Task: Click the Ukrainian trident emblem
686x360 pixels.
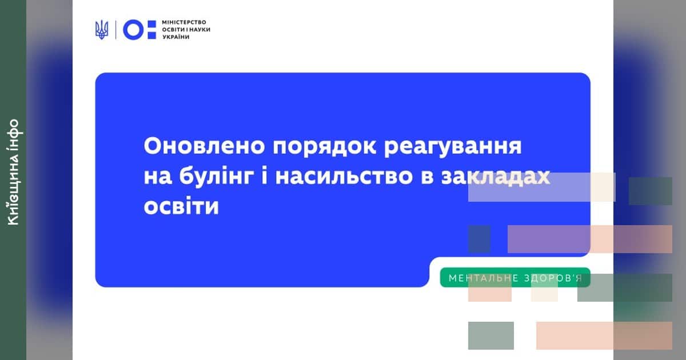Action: point(102,30)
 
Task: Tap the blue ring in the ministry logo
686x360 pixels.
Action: point(133,30)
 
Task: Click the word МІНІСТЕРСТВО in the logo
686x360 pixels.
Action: point(184,22)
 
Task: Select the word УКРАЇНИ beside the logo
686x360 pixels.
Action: point(176,37)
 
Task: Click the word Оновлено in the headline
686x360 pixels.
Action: point(204,146)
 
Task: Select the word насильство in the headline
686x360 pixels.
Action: point(344,177)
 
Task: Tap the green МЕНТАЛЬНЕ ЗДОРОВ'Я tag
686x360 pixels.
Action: point(515,278)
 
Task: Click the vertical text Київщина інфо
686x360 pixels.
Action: point(14,173)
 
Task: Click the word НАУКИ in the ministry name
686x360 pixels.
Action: point(200,30)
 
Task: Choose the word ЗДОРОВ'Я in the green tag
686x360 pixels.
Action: point(553,278)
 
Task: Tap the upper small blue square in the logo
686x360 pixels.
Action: point(152,24)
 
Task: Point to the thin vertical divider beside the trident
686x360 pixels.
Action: point(115,30)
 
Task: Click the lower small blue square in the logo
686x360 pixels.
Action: point(152,35)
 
